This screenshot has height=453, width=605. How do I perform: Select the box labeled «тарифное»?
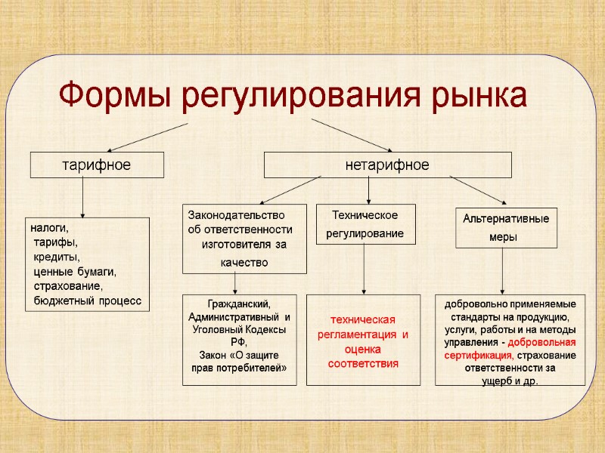pos(96,165)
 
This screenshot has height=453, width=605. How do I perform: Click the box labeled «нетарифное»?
pos(387,165)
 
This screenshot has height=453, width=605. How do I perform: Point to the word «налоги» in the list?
pos(48,227)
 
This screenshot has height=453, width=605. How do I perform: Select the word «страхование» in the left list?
pos(68,286)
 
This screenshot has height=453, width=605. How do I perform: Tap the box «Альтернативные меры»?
pos(506,227)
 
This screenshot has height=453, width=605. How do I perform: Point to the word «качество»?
pos(244,262)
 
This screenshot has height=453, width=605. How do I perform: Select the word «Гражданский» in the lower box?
pos(238,303)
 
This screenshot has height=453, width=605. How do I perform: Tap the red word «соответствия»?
pos(363,364)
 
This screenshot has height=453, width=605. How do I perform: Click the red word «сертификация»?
pos(470,355)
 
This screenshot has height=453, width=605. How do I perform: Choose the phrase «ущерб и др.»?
pos(510,380)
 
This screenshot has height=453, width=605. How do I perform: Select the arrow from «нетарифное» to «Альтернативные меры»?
pos(478,189)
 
